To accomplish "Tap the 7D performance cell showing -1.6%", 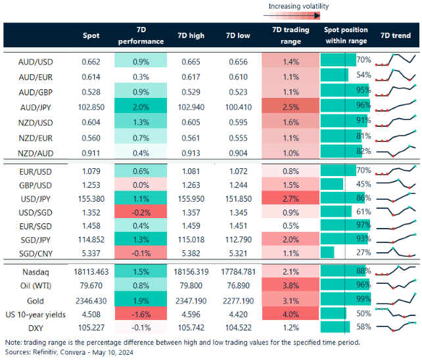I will pyautogui.click(x=140, y=313).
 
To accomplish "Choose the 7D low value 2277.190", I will pyautogui.click(x=235, y=299).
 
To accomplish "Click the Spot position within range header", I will pyautogui.click(x=346, y=36).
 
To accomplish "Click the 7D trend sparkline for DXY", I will pyautogui.click(x=396, y=328).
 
